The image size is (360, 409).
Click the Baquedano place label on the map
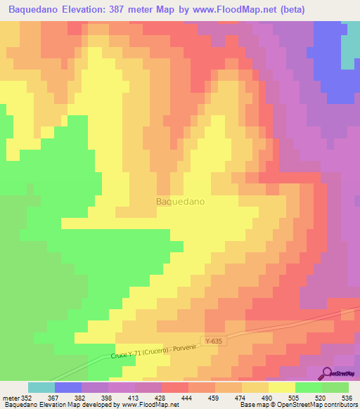click(180, 201)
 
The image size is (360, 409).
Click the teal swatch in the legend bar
click(41, 387)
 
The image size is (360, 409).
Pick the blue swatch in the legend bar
click(68, 387)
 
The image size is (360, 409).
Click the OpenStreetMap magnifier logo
click(326, 372)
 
